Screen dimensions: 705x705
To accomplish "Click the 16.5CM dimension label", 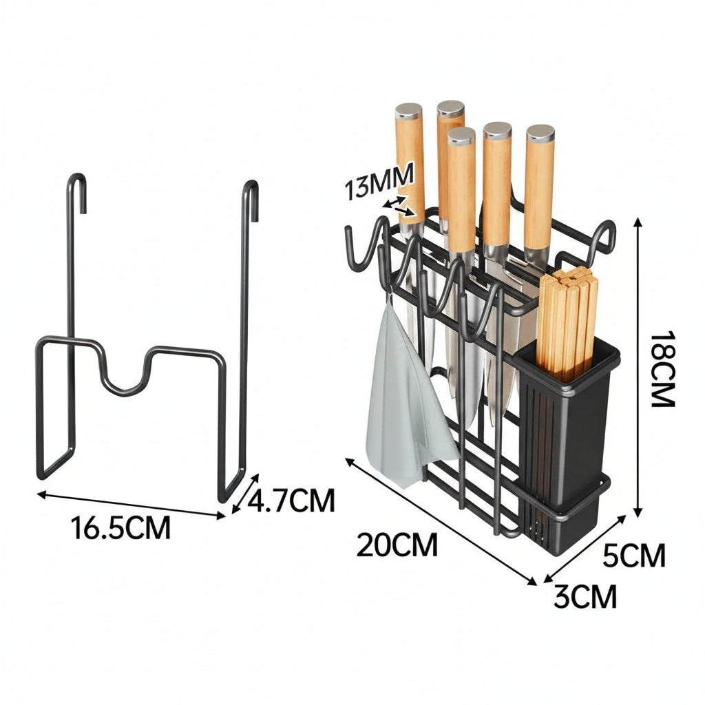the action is pos(120,527).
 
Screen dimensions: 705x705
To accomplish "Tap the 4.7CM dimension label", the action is pos(291,500).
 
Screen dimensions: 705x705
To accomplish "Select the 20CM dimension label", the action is pos(397,545).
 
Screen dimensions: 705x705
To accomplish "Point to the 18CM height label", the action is pos(662,369).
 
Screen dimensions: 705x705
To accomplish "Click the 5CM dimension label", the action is pos(633,556).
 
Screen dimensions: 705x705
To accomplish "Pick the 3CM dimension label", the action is pos(585,596).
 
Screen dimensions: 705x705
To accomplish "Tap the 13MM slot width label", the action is pos(379,181).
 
